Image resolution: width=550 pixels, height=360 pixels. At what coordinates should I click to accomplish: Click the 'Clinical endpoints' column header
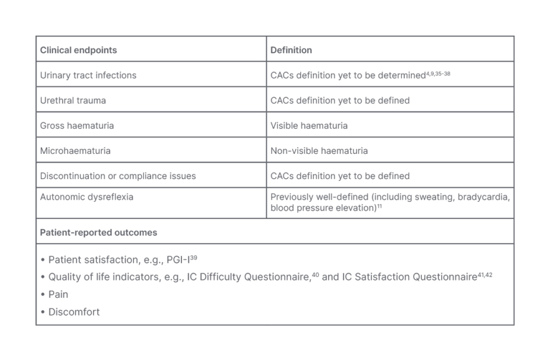click(78, 50)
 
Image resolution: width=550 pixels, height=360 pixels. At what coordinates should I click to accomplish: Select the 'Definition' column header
click(291, 50)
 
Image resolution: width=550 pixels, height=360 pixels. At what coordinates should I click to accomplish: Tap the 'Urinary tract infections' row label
click(88, 76)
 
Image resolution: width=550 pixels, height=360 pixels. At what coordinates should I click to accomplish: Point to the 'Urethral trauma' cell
click(73, 101)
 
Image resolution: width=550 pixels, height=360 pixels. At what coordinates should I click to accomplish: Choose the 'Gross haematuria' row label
click(77, 126)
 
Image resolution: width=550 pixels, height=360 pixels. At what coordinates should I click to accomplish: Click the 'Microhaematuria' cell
click(75, 151)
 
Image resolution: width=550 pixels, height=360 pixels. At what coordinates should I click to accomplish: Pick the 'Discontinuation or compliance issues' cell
click(118, 176)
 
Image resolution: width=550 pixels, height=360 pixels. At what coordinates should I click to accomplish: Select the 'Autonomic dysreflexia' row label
click(87, 197)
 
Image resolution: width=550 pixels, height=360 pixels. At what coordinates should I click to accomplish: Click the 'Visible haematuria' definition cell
click(309, 126)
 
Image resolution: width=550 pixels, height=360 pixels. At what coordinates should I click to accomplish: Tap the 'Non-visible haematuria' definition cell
click(319, 151)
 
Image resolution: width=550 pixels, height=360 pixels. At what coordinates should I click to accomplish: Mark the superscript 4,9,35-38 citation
click(438, 74)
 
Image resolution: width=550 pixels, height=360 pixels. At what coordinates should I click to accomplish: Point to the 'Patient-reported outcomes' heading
click(98, 233)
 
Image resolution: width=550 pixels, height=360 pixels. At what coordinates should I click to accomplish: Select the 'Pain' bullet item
click(58, 295)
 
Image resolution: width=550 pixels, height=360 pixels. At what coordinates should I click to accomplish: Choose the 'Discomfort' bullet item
click(74, 313)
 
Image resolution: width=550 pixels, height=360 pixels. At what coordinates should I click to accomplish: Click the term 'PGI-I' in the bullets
click(178, 260)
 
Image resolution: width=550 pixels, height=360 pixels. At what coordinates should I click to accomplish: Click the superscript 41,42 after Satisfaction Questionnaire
click(485, 275)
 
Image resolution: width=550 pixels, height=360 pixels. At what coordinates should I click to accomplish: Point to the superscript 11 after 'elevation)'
click(380, 207)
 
